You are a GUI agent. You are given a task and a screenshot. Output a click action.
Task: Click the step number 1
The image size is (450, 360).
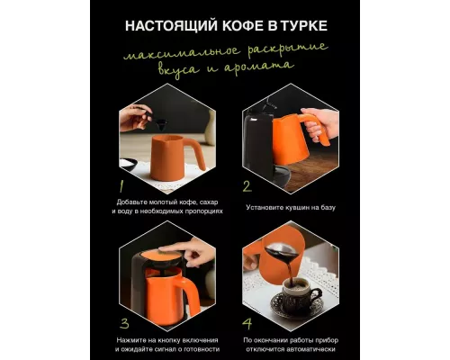click(121, 186)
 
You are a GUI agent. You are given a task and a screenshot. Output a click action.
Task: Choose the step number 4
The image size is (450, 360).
click(245, 321)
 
